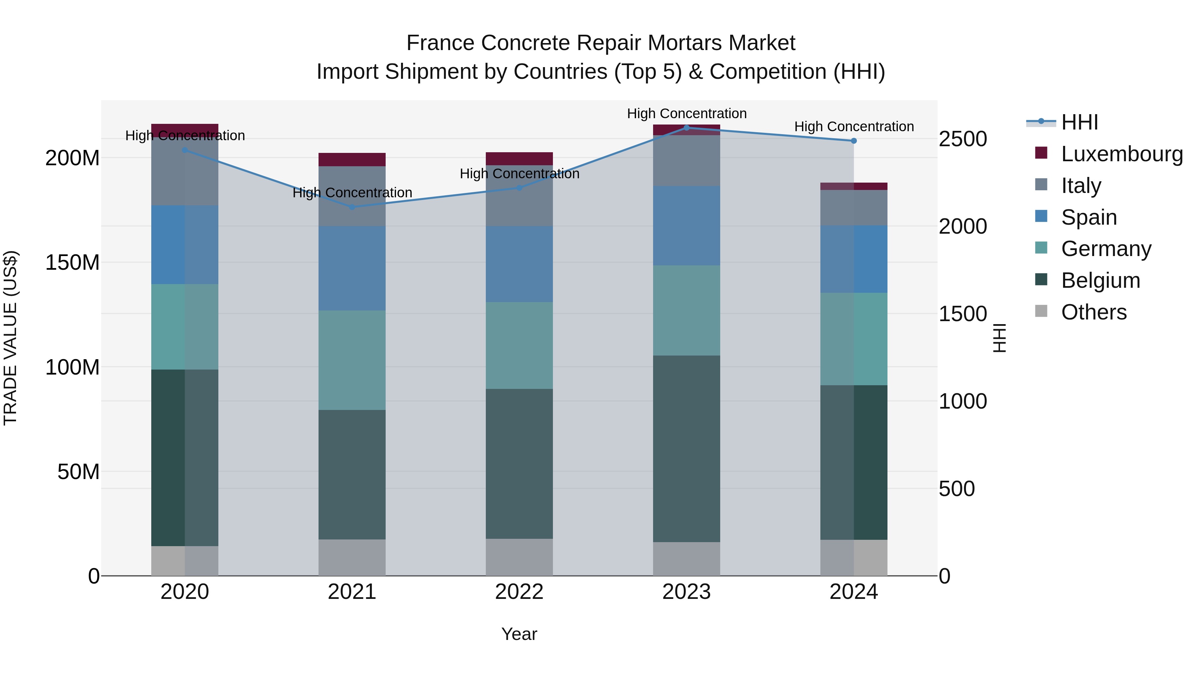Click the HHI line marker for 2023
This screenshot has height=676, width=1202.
coord(686,128)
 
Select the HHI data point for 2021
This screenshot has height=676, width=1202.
coord(352,207)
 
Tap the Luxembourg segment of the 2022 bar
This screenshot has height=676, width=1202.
coord(519,159)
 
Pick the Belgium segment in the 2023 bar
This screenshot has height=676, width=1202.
coord(686,448)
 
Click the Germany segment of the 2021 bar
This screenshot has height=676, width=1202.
coord(352,360)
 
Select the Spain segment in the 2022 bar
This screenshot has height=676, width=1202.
coord(519,264)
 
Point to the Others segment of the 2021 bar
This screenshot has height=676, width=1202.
coord(352,557)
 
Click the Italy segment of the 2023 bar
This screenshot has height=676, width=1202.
coord(686,161)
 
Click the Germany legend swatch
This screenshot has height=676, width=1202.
coord(1041,248)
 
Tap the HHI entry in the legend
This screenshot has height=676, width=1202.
coord(1079,122)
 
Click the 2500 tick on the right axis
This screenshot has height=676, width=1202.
coord(962,139)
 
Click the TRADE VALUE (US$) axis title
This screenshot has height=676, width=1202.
coord(10,338)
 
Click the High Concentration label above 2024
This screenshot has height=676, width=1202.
coord(853,127)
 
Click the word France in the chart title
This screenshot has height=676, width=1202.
coord(440,43)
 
